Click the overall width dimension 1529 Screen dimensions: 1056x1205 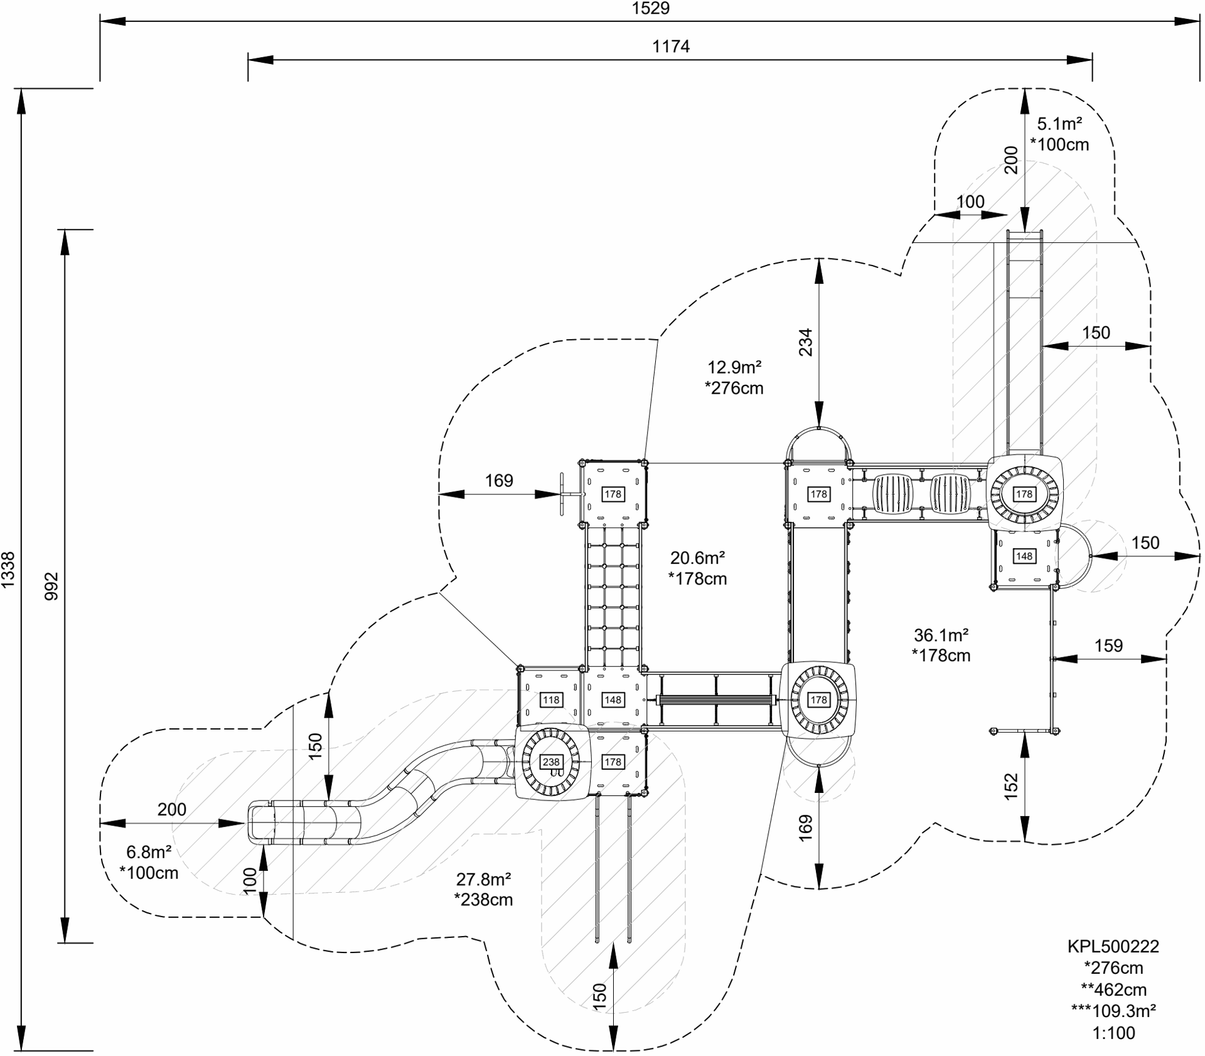pyautogui.click(x=651, y=8)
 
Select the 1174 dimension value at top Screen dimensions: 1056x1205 pyautogui.click(x=671, y=46)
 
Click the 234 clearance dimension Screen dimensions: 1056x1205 pyautogui.click(x=805, y=342)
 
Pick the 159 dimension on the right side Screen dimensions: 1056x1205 pyautogui.click(x=1108, y=645)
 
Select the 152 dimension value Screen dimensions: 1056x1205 pyautogui.click(x=1011, y=786)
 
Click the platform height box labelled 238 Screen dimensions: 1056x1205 pyautogui.click(x=551, y=762)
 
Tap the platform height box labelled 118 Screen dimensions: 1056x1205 pyautogui.click(x=551, y=700)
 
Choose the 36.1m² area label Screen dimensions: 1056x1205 pyautogui.click(x=941, y=635)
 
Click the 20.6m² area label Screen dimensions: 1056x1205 pyautogui.click(x=698, y=558)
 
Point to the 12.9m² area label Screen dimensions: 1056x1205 pyautogui.click(x=734, y=367)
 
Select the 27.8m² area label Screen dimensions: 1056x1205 pyautogui.click(x=483, y=878)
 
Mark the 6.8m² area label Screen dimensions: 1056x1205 pyautogui.click(x=149, y=852)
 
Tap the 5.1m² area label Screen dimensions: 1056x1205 pyautogui.click(x=1059, y=123)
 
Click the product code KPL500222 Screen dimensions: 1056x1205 pyautogui.click(x=1113, y=946)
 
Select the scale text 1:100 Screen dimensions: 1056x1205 pyautogui.click(x=1114, y=1033)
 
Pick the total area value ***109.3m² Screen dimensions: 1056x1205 pyautogui.click(x=1113, y=1011)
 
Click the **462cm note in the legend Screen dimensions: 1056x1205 pyautogui.click(x=1113, y=989)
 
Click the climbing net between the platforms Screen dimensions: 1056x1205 pyautogui.click(x=614, y=596)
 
